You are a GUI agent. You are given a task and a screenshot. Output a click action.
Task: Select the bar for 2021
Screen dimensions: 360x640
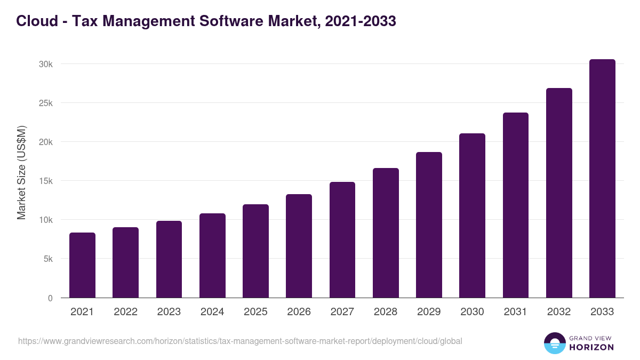click(82, 265)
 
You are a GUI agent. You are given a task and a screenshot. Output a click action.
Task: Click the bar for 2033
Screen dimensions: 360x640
click(602, 179)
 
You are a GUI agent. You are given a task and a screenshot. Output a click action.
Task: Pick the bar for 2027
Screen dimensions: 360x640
click(342, 240)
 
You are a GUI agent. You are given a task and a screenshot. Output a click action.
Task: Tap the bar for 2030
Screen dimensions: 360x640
click(472, 215)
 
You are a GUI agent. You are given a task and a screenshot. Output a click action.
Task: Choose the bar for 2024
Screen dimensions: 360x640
click(212, 255)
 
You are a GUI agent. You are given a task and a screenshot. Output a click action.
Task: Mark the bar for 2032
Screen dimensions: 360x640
click(559, 193)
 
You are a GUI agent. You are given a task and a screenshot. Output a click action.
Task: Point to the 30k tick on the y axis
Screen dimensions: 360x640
click(46, 64)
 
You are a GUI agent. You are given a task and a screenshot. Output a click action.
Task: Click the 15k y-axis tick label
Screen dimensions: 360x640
click(46, 181)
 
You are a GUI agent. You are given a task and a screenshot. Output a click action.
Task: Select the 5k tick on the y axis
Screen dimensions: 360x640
click(47, 259)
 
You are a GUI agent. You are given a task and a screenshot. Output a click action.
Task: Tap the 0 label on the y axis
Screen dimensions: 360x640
click(50, 298)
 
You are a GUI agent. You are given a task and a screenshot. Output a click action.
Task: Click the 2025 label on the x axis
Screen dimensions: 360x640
click(255, 312)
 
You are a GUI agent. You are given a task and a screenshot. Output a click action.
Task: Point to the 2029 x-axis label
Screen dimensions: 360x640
click(429, 312)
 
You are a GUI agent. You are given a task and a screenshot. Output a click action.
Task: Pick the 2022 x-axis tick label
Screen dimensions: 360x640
click(125, 312)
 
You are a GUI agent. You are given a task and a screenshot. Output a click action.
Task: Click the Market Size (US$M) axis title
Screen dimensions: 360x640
click(21, 173)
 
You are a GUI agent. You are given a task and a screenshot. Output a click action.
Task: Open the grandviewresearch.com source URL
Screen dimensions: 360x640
click(240, 341)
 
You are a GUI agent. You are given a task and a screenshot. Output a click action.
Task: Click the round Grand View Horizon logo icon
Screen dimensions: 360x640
click(554, 343)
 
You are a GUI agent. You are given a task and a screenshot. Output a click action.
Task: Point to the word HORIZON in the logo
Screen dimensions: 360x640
click(591, 347)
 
